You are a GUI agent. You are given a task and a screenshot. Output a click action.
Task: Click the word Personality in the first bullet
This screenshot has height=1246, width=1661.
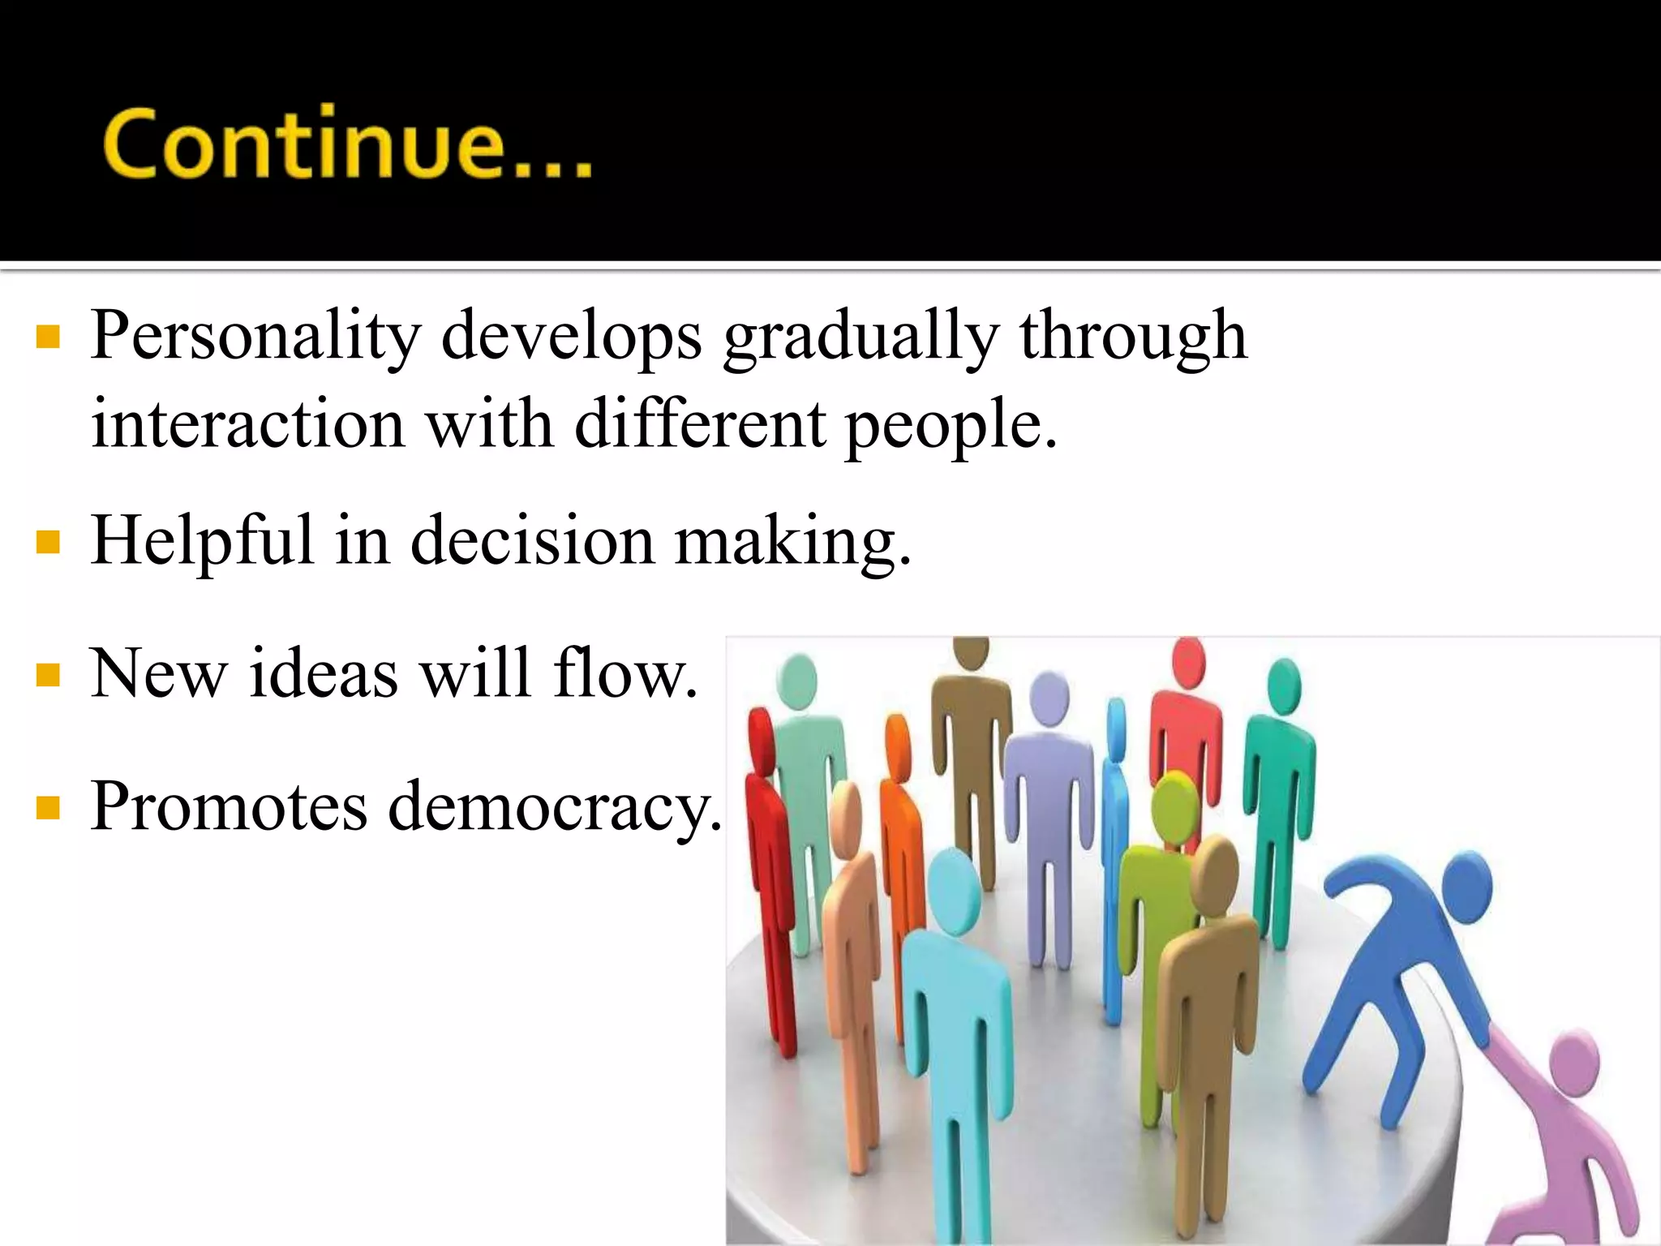255,335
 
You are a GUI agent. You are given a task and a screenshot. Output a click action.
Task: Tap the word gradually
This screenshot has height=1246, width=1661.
860,337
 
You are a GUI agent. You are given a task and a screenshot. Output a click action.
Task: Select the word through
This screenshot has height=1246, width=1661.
1133,337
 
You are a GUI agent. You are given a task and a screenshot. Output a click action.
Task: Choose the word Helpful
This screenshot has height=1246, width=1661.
202,542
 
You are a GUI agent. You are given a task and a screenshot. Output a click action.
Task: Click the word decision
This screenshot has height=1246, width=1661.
532,541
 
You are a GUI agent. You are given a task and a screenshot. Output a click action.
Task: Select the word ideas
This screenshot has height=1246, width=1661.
323,673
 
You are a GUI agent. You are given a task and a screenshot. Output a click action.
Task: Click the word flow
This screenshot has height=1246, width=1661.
624,672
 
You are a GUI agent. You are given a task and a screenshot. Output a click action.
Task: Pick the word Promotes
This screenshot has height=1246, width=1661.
229,806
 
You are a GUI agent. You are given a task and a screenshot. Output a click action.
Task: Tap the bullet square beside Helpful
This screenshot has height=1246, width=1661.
49,542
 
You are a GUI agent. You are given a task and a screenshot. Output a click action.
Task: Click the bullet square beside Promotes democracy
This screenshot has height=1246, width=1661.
49,808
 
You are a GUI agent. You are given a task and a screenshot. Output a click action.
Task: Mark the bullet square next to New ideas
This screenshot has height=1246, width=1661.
49,675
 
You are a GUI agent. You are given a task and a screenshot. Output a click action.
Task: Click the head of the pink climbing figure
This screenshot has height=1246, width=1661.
1573,1059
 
